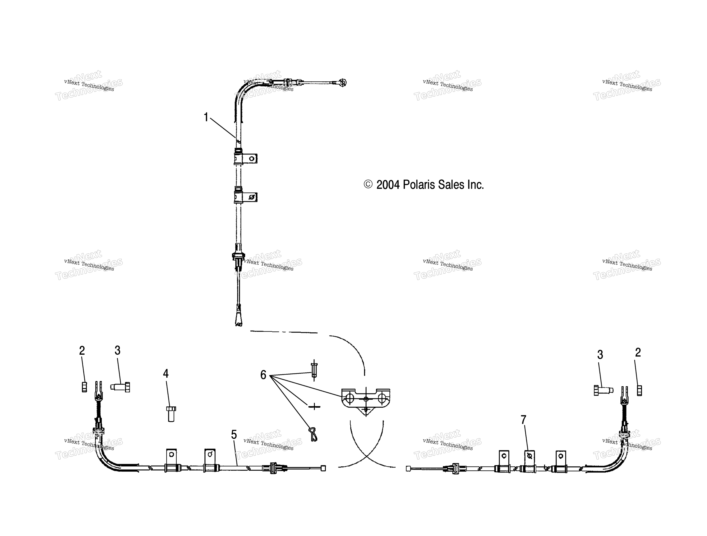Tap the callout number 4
pyautogui.click(x=166, y=373)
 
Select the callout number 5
pyautogui.click(x=234, y=435)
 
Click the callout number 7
pyautogui.click(x=523, y=420)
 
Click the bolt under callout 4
pyautogui.click(x=171, y=414)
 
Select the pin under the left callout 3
pyautogui.click(x=120, y=387)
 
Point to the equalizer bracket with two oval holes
pyautogui.click(x=366, y=401)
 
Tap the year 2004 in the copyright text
pyautogui.click(x=388, y=185)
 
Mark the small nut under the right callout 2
pyautogui.click(x=639, y=390)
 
